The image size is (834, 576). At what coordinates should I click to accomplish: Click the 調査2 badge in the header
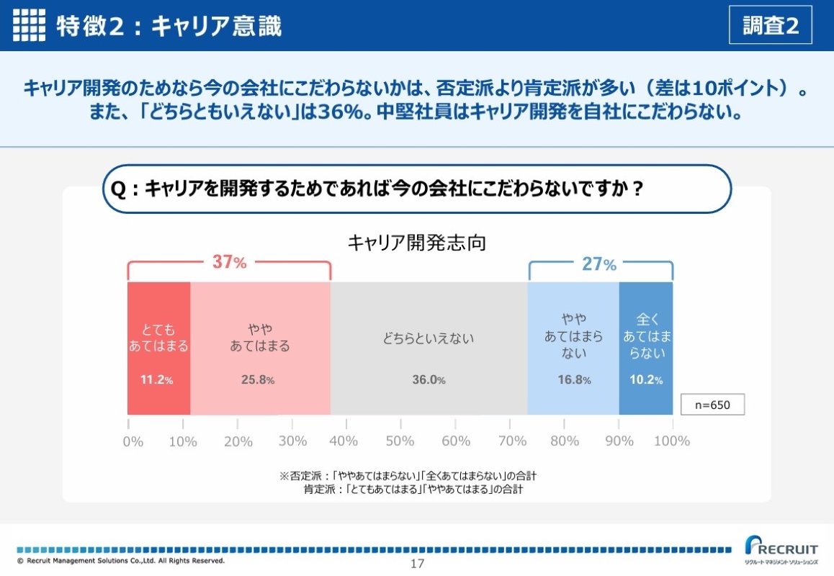pyautogui.click(x=771, y=25)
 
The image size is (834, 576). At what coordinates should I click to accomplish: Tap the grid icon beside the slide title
pyautogui.click(x=29, y=26)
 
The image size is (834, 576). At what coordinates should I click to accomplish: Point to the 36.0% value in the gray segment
pyautogui.click(x=429, y=380)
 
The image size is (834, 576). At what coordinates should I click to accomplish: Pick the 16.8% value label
pyautogui.click(x=574, y=380)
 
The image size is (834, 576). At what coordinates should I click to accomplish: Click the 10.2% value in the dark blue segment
pyautogui.click(x=645, y=380)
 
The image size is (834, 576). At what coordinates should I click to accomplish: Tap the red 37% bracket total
pyautogui.click(x=229, y=263)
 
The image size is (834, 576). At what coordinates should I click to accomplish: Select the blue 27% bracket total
pyautogui.click(x=599, y=264)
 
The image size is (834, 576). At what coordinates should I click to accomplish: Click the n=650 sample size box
pyautogui.click(x=712, y=405)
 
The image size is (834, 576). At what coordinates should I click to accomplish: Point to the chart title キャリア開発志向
pyautogui.click(x=416, y=243)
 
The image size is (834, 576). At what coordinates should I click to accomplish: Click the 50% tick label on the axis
pyautogui.click(x=400, y=441)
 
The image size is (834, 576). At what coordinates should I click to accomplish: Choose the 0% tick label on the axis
pyautogui.click(x=133, y=441)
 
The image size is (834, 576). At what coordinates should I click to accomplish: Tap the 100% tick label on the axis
pyautogui.click(x=672, y=441)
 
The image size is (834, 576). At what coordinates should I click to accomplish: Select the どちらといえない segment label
pyautogui.click(x=429, y=338)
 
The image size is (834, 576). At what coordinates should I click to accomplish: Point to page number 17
pyautogui.click(x=417, y=564)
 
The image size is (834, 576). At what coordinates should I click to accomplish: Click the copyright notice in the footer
pyautogui.click(x=121, y=560)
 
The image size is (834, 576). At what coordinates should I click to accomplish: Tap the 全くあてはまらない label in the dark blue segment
pyautogui.click(x=645, y=336)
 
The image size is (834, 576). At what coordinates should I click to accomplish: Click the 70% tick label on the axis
pyautogui.click(x=511, y=441)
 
